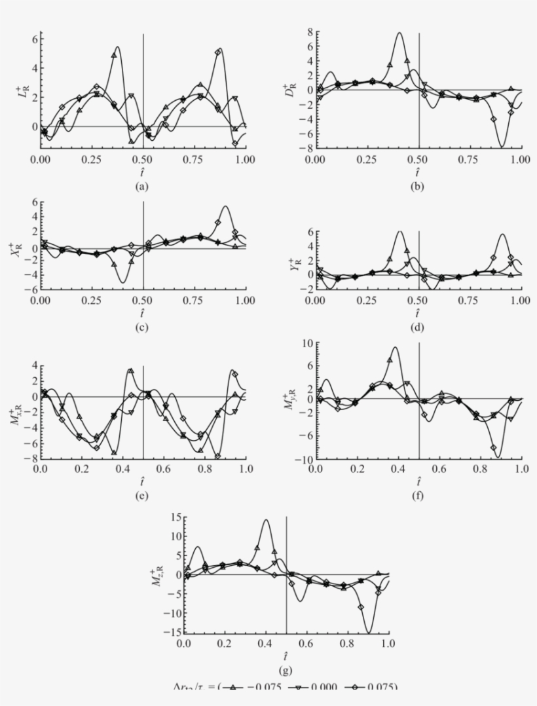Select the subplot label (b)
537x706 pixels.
point(418,187)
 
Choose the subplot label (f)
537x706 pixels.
point(418,496)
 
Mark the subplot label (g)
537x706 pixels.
point(286,670)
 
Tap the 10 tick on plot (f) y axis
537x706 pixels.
point(306,343)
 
